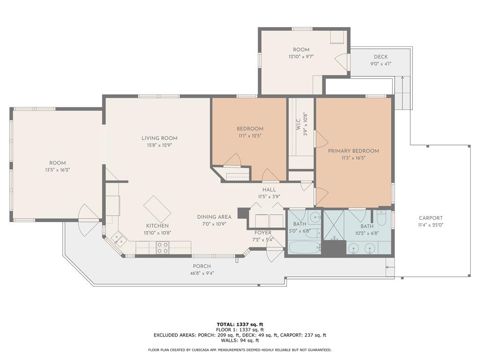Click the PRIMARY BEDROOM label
tap(353, 151)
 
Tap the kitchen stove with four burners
tap(163, 247)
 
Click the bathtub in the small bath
tap(304, 247)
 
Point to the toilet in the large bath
tap(382, 217)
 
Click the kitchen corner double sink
tap(119, 238)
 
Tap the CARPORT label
tap(431, 218)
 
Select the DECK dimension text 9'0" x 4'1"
tap(381, 64)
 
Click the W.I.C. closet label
tap(299, 126)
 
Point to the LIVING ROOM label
tap(159, 138)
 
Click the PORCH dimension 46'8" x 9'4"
tap(202, 273)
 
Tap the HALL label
tap(269, 190)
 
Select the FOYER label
tap(262, 233)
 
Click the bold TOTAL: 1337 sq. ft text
tap(240, 324)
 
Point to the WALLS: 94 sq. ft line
tap(240, 340)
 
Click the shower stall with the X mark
tap(334, 225)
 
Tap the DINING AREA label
tap(214, 217)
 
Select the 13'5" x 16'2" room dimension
tap(58, 170)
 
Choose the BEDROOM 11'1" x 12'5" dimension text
tap(250, 135)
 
